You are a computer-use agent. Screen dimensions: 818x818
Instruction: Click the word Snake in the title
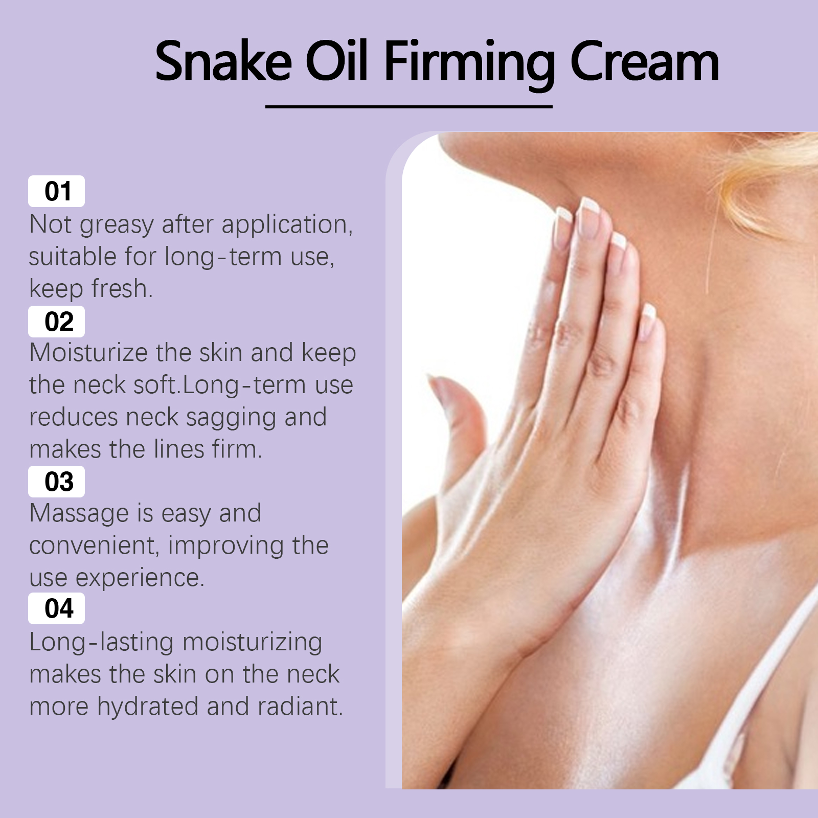coord(223,61)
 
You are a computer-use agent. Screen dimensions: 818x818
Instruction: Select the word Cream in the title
coord(645,61)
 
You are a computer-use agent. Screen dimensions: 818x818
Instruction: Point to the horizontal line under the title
coord(409,107)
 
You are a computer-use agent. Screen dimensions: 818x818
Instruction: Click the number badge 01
coord(56,191)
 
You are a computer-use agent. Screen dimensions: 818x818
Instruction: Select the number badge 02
coord(56,322)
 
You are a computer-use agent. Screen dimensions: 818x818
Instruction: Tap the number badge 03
coord(56,482)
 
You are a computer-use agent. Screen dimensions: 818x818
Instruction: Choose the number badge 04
coord(56,608)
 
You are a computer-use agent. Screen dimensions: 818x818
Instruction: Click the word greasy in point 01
coord(117,226)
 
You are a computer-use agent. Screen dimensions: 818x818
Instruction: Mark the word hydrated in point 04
coord(148,706)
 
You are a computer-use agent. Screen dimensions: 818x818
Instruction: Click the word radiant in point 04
coord(300,706)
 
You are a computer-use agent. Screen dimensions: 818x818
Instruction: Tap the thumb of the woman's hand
coord(458,419)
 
